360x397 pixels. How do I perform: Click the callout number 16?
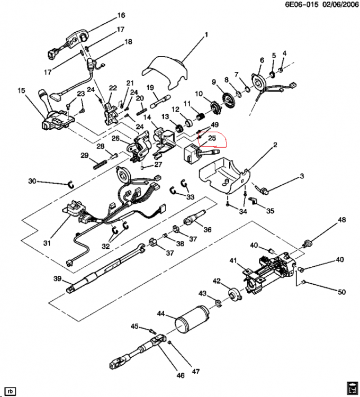point(121,15)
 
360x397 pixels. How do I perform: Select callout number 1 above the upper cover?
point(206,34)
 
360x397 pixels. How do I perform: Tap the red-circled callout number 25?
point(212,138)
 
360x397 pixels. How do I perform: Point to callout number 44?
point(161,314)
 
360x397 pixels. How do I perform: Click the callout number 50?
point(341,292)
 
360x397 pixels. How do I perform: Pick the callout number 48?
point(342,220)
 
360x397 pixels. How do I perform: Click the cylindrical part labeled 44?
point(193,320)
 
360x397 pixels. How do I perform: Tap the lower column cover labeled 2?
point(224,175)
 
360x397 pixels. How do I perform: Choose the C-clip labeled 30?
point(71,185)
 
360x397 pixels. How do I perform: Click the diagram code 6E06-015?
point(302,5)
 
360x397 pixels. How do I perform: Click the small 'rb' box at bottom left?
point(10,391)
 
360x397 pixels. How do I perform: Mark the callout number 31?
point(47,243)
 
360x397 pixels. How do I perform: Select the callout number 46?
point(180,375)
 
